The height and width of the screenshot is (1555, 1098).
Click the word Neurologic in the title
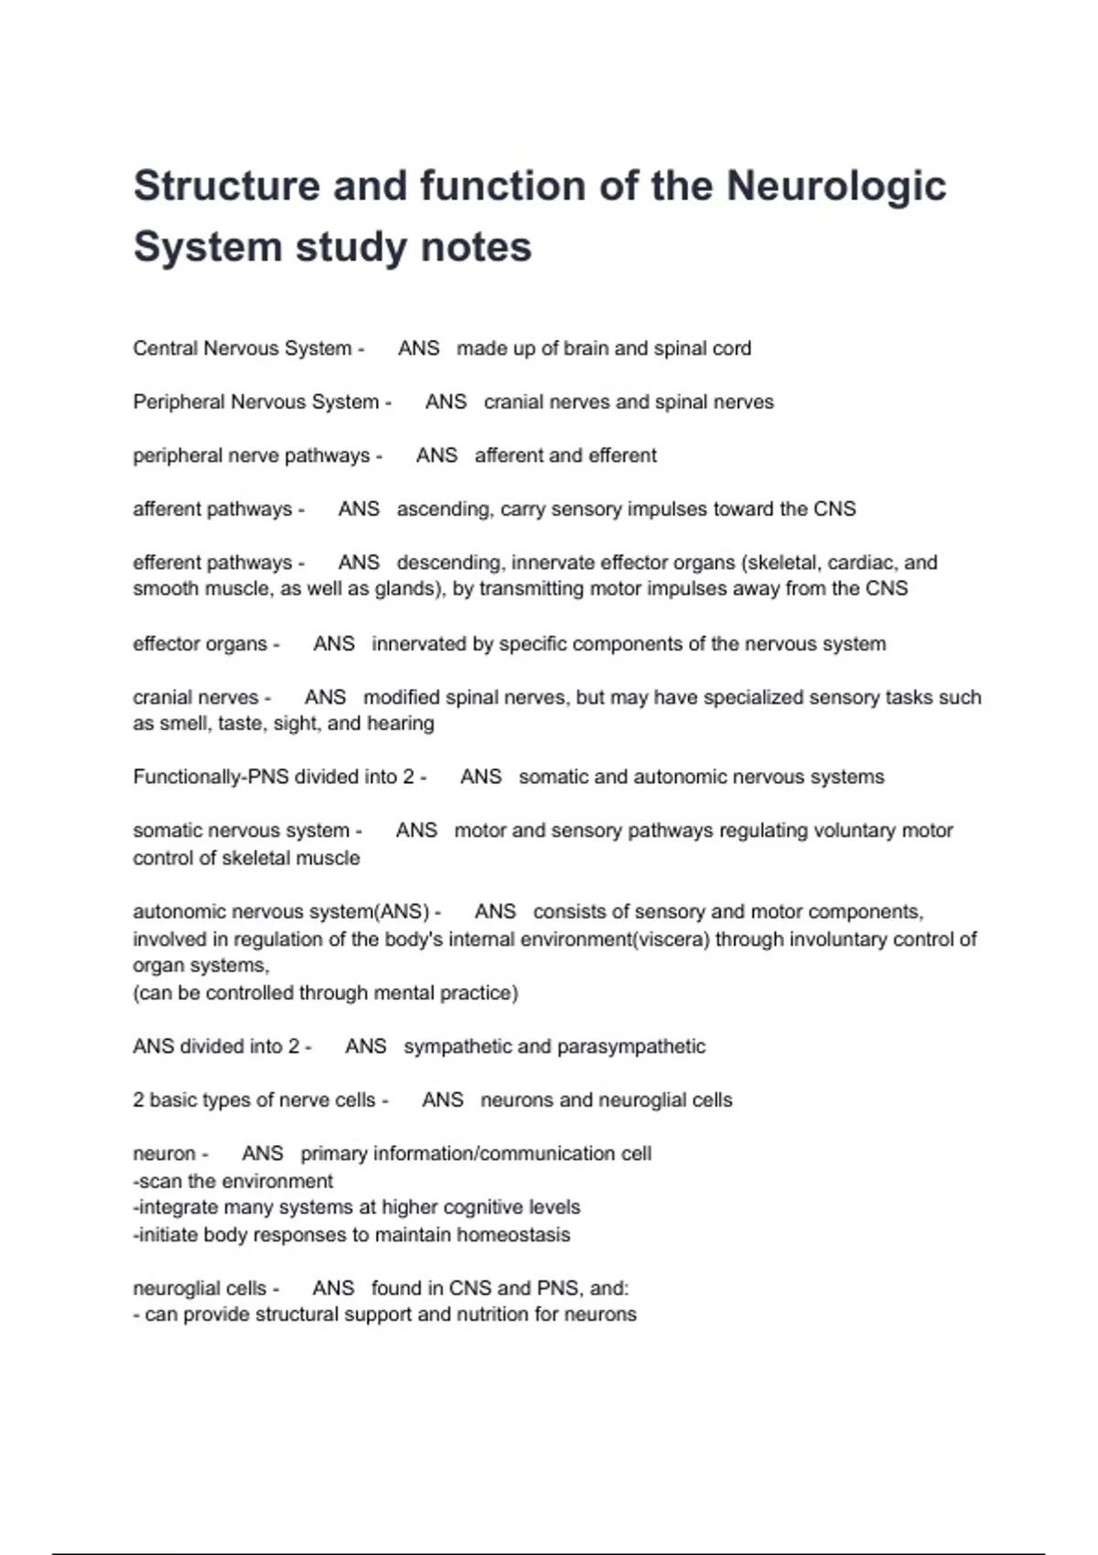pos(835,186)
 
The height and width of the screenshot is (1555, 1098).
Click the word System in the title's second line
pos(206,247)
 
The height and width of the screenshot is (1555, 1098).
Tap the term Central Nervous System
pos(242,349)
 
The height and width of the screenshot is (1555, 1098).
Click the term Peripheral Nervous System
pos(255,402)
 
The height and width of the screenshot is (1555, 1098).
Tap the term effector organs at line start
pos(199,644)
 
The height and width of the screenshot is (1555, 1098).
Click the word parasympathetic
pos(630,1046)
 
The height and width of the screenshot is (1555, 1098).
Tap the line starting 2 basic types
pos(253,1100)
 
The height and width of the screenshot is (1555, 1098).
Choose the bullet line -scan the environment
pos(232,1181)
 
